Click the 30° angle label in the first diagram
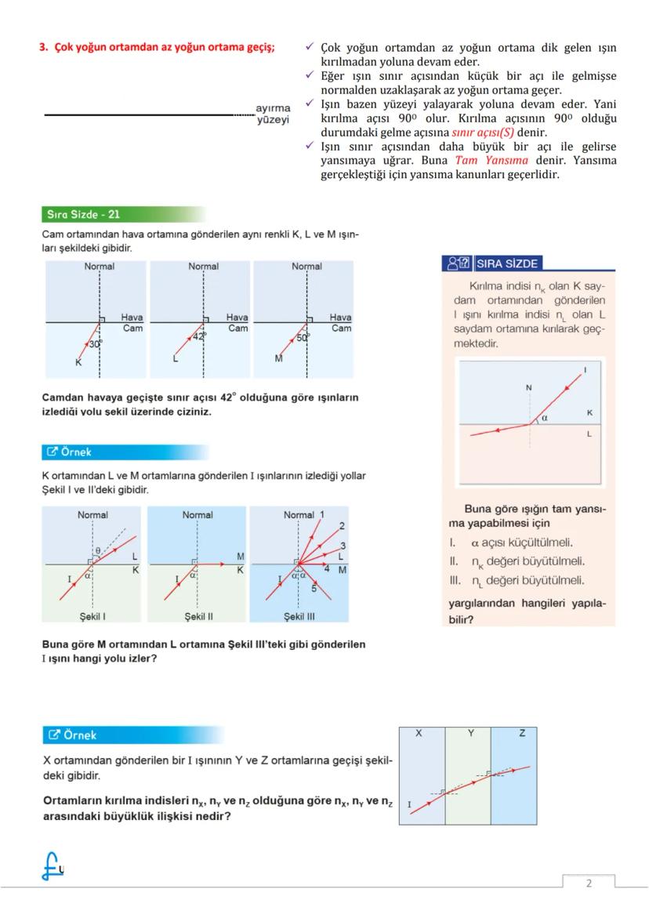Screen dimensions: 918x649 coord(95,343)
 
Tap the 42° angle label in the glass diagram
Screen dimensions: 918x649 coord(200,336)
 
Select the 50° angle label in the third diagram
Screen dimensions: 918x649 coord(303,337)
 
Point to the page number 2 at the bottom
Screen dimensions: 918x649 coord(589,884)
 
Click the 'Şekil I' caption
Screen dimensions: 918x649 coord(93,616)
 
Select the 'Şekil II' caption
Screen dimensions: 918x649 coord(198,616)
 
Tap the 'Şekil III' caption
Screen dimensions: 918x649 coord(299,616)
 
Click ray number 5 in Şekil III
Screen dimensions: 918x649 coord(314,588)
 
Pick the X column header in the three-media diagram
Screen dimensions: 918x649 coord(419,734)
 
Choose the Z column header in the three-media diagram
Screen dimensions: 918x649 coord(522,734)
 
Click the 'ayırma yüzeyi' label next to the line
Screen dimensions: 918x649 coord(273,114)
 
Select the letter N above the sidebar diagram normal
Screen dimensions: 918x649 coord(528,387)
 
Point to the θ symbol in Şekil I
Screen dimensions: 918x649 coord(97,551)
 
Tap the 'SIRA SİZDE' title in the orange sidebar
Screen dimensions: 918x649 coord(506,263)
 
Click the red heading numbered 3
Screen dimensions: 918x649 coord(157,47)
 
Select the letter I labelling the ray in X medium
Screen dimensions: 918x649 coord(409,804)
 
